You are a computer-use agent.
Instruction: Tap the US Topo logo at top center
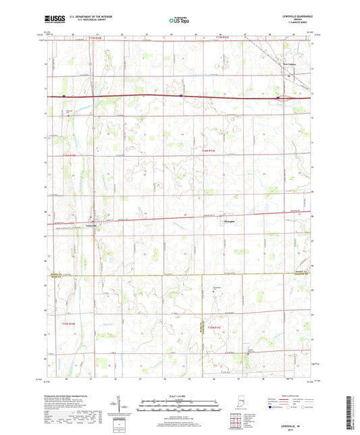point(178,22)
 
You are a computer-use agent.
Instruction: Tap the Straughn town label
point(230,220)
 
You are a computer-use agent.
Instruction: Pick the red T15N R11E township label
point(211,151)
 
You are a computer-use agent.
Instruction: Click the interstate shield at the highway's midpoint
point(182,96)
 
